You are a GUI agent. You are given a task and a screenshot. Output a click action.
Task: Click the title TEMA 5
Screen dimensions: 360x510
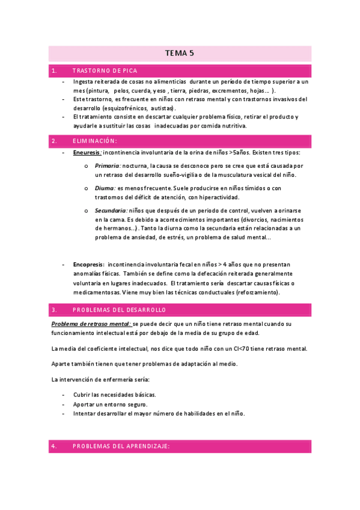click(x=180, y=53)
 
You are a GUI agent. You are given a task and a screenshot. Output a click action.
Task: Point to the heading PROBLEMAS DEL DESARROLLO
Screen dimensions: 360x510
click(x=118, y=310)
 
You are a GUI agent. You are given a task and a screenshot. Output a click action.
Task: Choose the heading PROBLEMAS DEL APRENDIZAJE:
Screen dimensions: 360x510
click(x=121, y=446)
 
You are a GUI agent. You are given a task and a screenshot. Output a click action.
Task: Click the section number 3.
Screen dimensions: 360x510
click(x=54, y=310)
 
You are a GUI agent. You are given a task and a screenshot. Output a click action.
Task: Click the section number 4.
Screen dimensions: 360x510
click(x=54, y=446)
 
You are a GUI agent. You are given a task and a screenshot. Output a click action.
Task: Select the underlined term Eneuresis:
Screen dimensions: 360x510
click(x=87, y=153)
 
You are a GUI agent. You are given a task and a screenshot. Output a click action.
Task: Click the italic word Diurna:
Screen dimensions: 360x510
click(x=105, y=188)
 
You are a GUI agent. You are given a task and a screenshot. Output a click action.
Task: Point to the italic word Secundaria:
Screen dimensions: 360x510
click(x=111, y=210)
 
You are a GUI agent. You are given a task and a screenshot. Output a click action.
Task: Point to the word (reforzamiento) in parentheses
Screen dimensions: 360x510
click(x=251, y=292)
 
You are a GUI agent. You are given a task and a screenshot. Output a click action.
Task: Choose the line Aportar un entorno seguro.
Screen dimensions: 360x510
click(x=110, y=404)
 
